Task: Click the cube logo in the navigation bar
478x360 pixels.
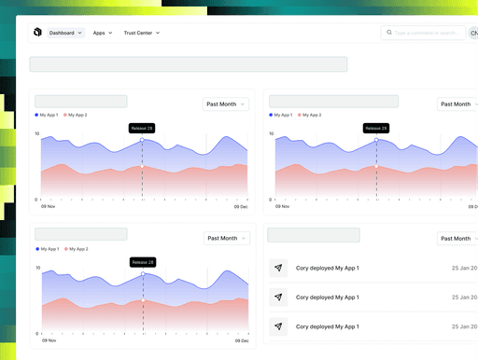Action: click(x=37, y=33)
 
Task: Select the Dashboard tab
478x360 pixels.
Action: click(x=65, y=33)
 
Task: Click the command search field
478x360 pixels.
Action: click(x=428, y=33)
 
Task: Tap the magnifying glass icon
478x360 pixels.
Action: click(x=387, y=33)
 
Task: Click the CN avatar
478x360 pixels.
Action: click(x=473, y=33)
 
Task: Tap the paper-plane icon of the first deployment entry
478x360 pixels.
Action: click(x=278, y=268)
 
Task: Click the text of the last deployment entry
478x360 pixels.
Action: click(x=327, y=327)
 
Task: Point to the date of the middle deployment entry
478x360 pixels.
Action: click(x=465, y=298)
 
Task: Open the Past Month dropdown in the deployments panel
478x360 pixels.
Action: click(x=458, y=238)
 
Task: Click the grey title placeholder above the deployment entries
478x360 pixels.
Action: click(x=314, y=235)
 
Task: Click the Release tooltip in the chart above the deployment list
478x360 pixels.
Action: click(x=376, y=128)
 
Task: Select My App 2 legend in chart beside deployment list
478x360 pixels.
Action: click(x=79, y=249)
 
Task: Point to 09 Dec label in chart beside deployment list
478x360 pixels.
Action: click(x=242, y=341)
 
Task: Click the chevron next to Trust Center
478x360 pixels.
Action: click(x=158, y=33)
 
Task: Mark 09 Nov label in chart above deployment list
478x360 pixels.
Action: click(x=282, y=206)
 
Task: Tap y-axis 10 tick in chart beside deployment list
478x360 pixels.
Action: click(x=37, y=268)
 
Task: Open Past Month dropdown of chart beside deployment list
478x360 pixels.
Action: click(x=226, y=238)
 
